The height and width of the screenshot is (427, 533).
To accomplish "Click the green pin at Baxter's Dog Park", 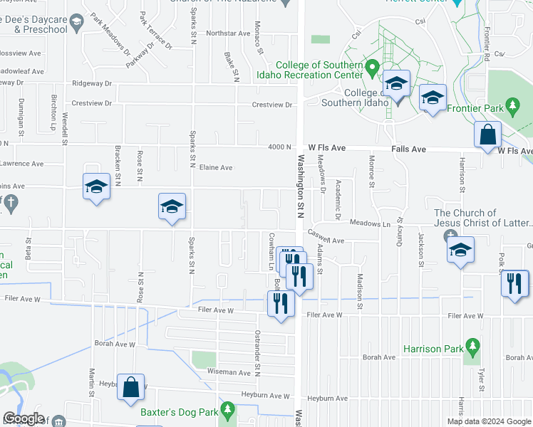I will pos(227,409).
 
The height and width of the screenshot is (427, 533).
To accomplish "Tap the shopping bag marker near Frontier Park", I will pos(487,136).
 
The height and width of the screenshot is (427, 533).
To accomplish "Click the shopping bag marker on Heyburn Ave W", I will pos(131,389).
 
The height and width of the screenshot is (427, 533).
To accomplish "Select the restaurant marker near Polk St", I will pos(514,284).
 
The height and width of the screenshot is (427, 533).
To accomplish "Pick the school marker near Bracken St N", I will pos(96,187).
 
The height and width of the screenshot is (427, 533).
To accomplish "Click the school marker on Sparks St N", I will pos(172,207).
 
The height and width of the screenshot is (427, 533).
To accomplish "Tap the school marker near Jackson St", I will pos(460,251).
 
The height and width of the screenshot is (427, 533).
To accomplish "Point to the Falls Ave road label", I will pos(408,149).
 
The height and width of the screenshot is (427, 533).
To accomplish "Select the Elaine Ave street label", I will pos(216,168).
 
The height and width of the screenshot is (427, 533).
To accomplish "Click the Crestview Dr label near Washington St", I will pos(272,105).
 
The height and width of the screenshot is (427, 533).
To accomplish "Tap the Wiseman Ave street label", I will pos(229,372).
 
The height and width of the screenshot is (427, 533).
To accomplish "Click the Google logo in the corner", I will pos(24,418).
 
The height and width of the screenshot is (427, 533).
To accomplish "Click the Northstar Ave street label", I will pos(228,33).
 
